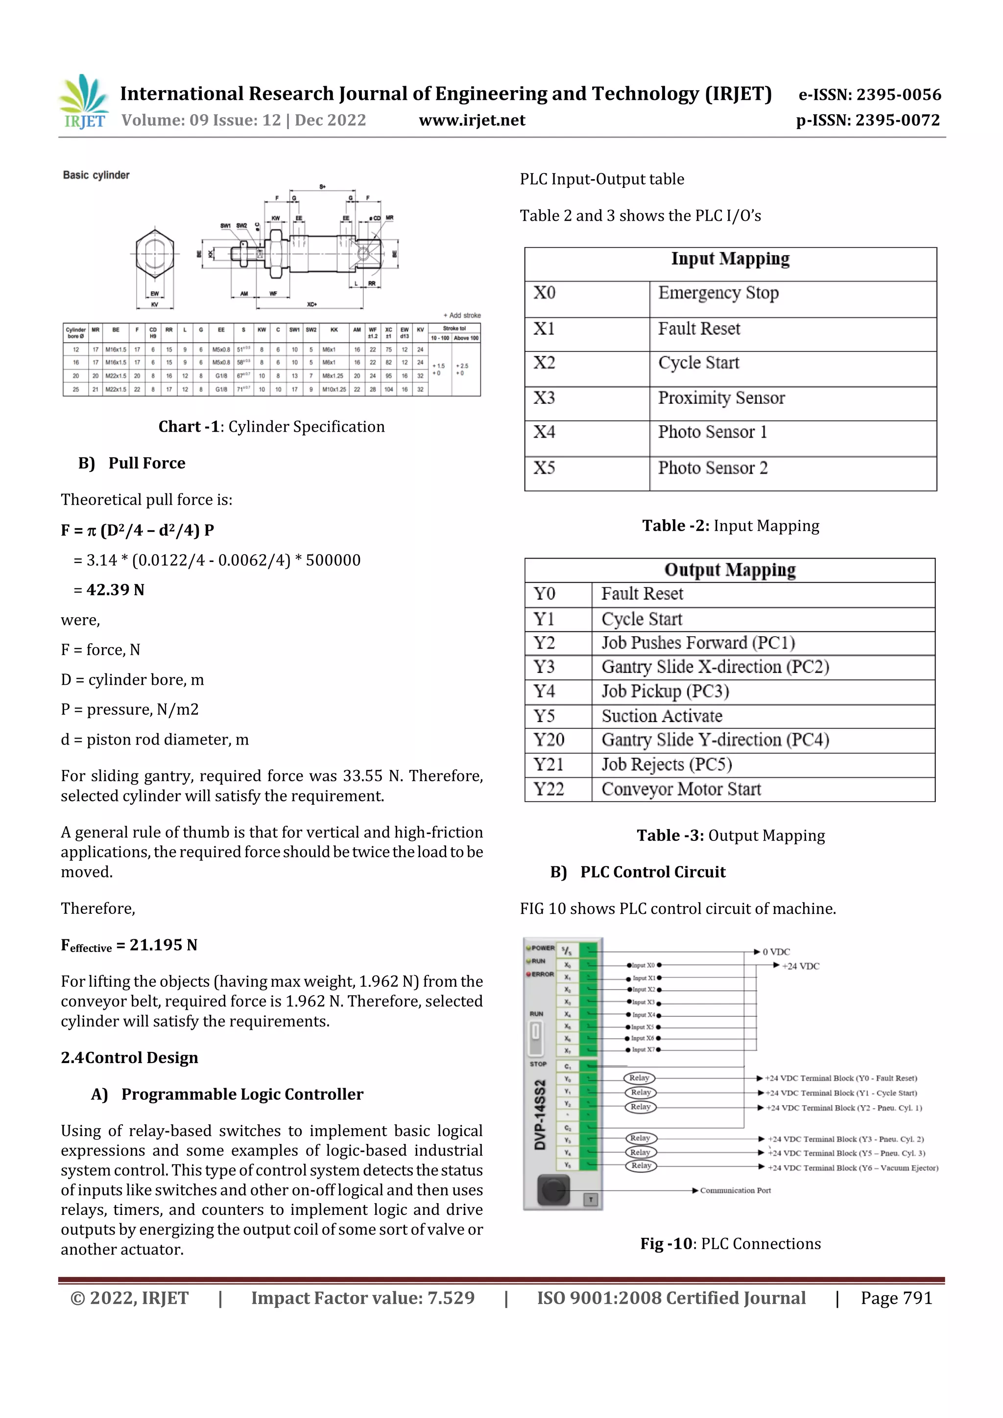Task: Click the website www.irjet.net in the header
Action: [472, 120]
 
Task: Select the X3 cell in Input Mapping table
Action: [545, 398]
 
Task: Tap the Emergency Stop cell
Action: [718, 293]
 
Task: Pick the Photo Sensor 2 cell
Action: [713, 468]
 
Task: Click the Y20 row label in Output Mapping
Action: [549, 740]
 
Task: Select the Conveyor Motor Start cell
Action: [681, 790]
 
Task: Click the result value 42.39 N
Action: [115, 590]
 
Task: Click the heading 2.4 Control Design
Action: [129, 1058]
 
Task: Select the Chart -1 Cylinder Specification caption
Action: [271, 427]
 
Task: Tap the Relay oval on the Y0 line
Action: [639, 1078]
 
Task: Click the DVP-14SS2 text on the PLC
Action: [540, 1115]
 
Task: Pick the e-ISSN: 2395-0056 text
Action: [869, 95]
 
